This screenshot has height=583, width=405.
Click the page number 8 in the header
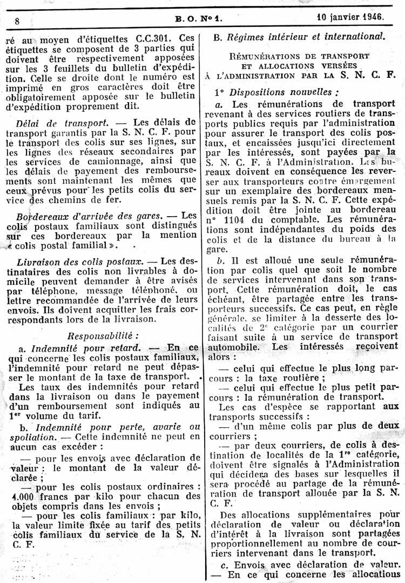pyautogui.click(x=17, y=21)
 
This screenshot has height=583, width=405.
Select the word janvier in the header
pyautogui.click(x=339, y=16)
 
